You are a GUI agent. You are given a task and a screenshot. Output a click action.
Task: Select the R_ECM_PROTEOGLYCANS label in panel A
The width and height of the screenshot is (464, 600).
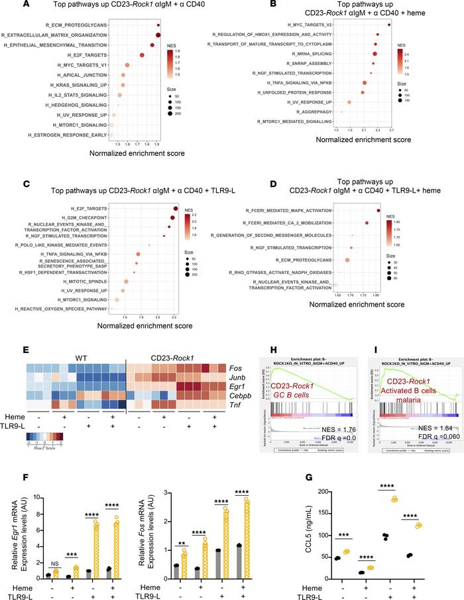point(74,24)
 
